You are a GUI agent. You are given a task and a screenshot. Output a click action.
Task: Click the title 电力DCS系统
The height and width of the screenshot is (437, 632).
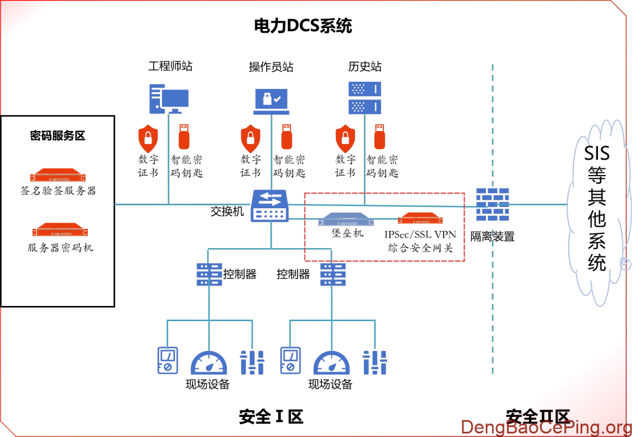(x=303, y=26)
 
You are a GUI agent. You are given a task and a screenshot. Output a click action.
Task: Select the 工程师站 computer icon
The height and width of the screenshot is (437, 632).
(x=169, y=99)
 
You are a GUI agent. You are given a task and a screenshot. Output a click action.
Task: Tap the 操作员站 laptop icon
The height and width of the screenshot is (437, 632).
(x=272, y=101)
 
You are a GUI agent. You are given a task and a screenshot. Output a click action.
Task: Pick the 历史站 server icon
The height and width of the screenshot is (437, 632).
(x=365, y=98)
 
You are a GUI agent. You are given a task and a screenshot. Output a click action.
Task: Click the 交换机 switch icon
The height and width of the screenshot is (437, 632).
(x=270, y=206)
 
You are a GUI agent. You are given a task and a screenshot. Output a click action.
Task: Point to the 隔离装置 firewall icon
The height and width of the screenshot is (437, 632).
(x=492, y=204)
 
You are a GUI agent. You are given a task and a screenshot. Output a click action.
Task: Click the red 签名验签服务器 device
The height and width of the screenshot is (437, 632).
(x=58, y=175)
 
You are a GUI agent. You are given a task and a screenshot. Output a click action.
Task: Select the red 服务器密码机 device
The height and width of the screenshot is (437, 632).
(x=60, y=229)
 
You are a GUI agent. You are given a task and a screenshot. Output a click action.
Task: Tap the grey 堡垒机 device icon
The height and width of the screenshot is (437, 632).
(x=346, y=219)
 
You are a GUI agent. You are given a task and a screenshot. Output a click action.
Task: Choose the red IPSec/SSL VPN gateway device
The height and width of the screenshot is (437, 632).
(x=420, y=218)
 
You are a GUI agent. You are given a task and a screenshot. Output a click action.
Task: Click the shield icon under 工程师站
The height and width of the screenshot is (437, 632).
(x=148, y=138)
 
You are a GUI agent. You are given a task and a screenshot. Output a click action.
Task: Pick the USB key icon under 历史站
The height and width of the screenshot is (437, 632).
(x=380, y=136)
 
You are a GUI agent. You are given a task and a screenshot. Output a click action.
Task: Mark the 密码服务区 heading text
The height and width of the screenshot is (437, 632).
(x=57, y=136)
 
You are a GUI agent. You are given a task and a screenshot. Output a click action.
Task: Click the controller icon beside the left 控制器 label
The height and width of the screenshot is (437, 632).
(x=209, y=274)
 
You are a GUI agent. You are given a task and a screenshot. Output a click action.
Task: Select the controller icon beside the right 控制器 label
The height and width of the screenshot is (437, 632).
(x=333, y=274)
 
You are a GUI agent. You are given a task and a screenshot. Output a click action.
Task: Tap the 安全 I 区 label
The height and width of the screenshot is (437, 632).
(x=271, y=417)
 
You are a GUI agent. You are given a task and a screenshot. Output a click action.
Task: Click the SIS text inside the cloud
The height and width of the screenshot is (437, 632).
(x=597, y=153)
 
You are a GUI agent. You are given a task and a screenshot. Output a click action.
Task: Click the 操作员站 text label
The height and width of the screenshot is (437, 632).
(x=271, y=67)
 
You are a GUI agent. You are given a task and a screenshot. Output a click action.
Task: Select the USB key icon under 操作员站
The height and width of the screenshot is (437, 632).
(x=287, y=136)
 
